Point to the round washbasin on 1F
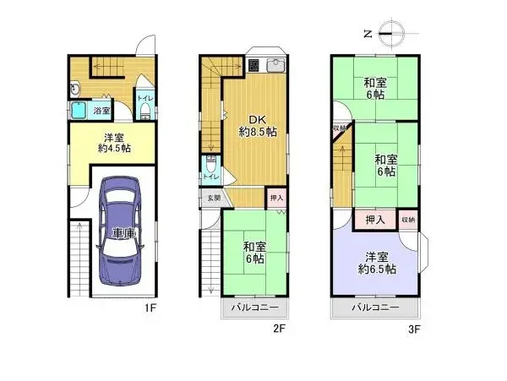coord(75,87)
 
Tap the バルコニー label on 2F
coord(255,308)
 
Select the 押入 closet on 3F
coord(376,220)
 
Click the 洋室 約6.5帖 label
coord(377,263)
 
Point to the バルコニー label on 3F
coord(376,308)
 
